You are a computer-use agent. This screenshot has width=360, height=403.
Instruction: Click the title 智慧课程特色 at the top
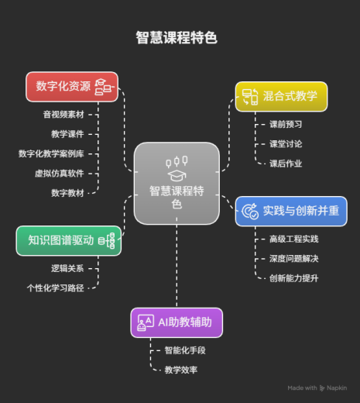[x=177, y=38]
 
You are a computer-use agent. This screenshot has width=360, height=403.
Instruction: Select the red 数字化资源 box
[x=72, y=87]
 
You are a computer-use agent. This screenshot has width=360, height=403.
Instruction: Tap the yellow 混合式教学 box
[x=282, y=97]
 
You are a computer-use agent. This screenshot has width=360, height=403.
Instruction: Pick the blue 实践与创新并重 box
[x=291, y=212]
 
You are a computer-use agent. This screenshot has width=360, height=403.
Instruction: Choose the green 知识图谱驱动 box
[x=69, y=241]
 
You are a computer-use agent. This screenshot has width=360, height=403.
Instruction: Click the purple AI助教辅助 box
[x=177, y=322]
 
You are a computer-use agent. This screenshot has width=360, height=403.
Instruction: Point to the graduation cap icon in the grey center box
[x=177, y=176]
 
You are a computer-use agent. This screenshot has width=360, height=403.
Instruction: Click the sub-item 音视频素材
[x=63, y=115]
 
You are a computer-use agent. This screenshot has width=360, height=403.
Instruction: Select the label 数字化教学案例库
[x=51, y=153]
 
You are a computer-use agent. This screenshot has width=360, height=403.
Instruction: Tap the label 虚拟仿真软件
[x=60, y=174]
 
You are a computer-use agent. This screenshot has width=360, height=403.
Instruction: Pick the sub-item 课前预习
[x=286, y=124]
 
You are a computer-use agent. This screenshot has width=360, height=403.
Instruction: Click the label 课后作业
[x=286, y=164]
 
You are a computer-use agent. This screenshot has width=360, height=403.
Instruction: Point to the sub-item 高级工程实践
[x=294, y=239]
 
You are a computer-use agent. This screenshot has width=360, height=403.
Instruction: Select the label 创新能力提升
[x=294, y=278]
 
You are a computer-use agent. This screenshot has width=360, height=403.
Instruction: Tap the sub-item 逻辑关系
[x=67, y=268]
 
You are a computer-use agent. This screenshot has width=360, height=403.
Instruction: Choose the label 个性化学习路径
[x=55, y=288]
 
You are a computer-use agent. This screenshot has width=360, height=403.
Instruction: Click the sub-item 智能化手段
[x=185, y=350]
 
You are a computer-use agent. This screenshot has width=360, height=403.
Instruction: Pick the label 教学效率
[x=181, y=370]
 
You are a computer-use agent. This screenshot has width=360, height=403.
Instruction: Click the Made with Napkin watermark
[x=317, y=387]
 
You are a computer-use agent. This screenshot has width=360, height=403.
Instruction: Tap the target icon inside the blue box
[x=250, y=212]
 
